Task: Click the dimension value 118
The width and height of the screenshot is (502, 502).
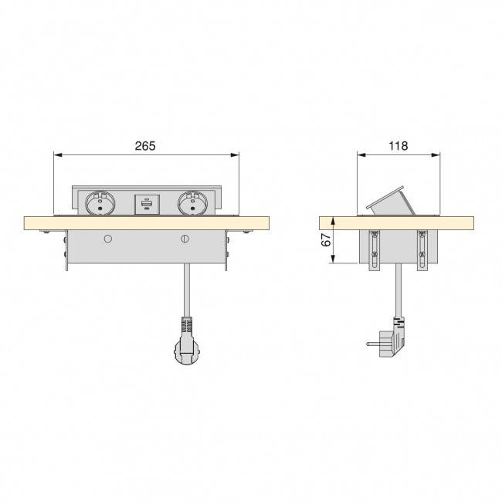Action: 399,145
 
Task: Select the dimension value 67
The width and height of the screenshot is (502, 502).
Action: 326,240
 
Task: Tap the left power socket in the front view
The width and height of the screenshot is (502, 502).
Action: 103,205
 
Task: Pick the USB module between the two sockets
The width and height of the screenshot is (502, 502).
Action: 145,205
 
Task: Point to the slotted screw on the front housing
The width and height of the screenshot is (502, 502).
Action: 185,239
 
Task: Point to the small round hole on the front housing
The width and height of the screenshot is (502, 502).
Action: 108,239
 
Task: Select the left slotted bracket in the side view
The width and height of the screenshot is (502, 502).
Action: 376,249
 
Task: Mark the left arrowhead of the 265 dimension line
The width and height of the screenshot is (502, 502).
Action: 56,155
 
